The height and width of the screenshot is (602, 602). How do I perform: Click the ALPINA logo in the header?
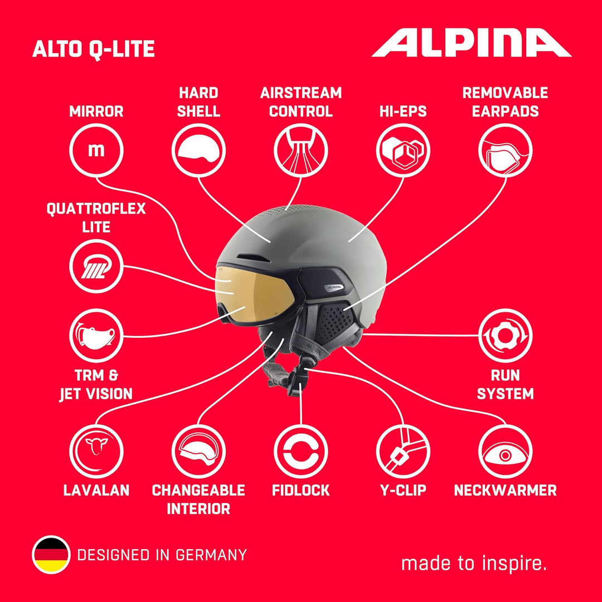tap(472, 42)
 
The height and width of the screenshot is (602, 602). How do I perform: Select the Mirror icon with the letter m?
tap(96, 150)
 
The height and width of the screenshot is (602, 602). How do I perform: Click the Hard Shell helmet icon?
tap(198, 150)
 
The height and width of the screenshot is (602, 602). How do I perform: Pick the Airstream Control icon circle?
tap(300, 150)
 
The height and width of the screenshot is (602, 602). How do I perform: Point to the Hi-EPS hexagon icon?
tap(403, 150)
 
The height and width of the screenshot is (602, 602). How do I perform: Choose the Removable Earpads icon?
tap(505, 150)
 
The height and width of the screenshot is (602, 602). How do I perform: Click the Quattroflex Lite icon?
tap(96, 266)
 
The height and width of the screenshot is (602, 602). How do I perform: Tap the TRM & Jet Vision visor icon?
tap(96, 336)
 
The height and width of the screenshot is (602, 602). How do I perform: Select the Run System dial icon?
tap(505, 336)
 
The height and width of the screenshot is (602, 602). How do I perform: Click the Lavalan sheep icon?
tap(96, 452)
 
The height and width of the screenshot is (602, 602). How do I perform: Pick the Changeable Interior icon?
tap(198, 452)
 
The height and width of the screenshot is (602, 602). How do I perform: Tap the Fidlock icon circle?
tap(300, 452)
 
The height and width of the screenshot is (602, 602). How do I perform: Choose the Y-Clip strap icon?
tap(403, 452)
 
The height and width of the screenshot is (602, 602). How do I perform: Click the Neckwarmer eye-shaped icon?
tap(505, 452)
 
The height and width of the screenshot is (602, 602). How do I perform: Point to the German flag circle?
tap(51, 555)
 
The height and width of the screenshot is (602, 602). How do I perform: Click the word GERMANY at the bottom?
tap(211, 555)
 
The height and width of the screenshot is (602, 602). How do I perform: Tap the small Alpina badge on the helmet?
tap(334, 287)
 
